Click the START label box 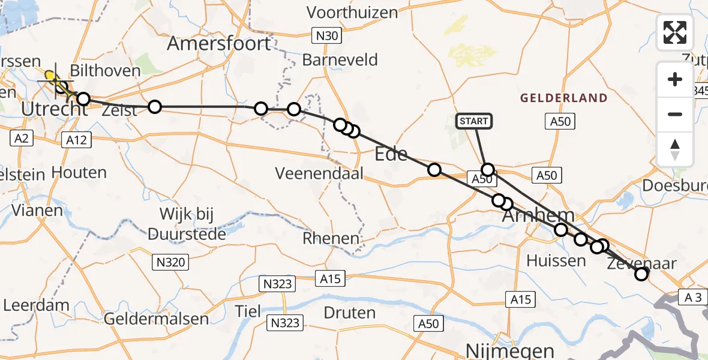pos(474,121)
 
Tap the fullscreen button pos(675,32)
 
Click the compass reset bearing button pos(675,149)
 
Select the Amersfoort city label pos(219,43)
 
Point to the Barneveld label pos(340,60)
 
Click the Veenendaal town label pos(320,173)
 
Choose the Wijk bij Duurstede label pos(188,223)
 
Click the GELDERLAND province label pos(563,98)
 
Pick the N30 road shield pos(326,35)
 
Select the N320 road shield pos(171,262)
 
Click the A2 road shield pos(21,139)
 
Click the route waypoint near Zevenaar pos(641,274)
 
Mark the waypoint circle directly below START pos(487,170)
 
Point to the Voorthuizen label pos(352,12)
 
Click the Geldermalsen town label pos(156,318)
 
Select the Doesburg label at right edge pos(675,185)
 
